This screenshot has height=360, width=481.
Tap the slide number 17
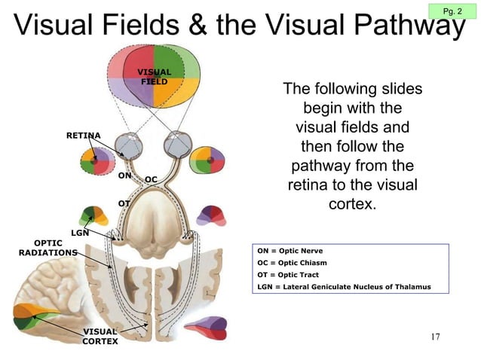(435, 336)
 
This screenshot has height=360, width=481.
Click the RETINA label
(84, 135)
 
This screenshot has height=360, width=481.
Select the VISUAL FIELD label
(154, 77)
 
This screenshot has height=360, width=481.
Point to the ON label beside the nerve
(125, 175)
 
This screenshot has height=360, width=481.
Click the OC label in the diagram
(151, 179)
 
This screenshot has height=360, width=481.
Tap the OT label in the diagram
(124, 203)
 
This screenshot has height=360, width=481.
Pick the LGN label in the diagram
(80, 233)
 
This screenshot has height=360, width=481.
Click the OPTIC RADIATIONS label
(47, 248)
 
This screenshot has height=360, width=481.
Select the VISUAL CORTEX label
(100, 336)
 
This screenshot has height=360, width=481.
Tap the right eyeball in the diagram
(178, 144)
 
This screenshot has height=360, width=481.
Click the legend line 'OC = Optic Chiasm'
(292, 263)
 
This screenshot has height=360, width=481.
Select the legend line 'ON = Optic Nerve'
(290, 251)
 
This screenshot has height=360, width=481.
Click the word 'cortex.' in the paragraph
(352, 204)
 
